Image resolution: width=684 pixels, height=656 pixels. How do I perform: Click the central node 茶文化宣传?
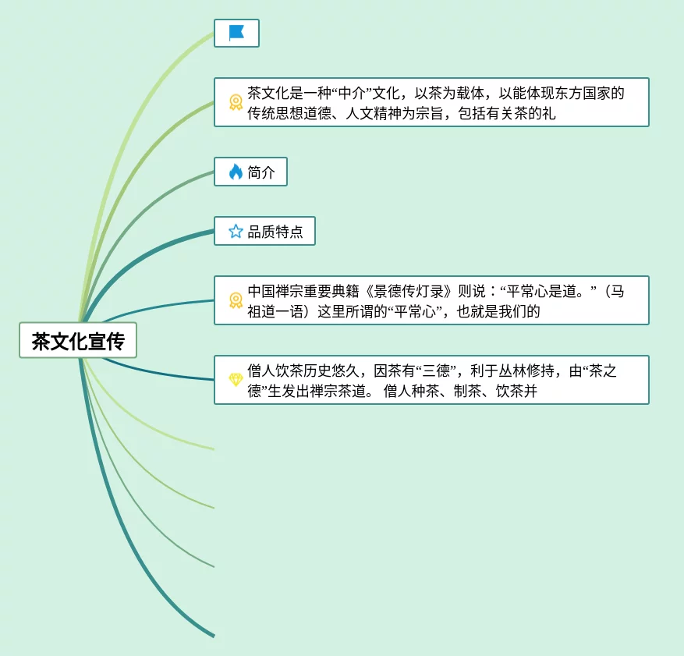click(78, 340)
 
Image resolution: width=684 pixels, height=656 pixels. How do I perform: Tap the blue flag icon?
click(236, 33)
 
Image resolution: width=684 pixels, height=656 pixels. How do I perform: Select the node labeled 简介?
click(250, 172)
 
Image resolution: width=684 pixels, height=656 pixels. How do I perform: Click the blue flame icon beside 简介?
click(236, 172)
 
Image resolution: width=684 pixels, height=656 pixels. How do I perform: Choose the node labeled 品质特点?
click(264, 231)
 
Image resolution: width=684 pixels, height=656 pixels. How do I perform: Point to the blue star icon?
click(236, 231)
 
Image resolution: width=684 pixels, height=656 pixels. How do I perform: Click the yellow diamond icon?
click(236, 379)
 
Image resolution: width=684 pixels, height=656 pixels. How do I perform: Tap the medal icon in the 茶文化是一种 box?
click(236, 102)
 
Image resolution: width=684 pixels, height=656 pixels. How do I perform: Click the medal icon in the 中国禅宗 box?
click(236, 300)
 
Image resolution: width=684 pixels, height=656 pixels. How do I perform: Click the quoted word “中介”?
click(351, 93)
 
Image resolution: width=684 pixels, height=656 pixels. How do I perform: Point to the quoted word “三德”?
click(436, 371)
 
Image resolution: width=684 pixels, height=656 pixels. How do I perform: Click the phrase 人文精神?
click(373, 113)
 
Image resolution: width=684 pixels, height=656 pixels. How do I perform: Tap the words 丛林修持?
click(526, 371)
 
